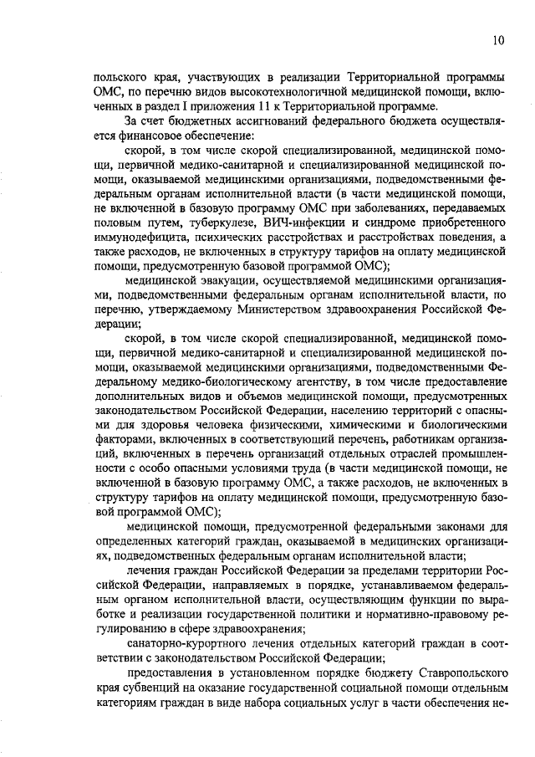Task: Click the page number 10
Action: [498, 39]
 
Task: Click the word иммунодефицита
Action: [137, 241]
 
